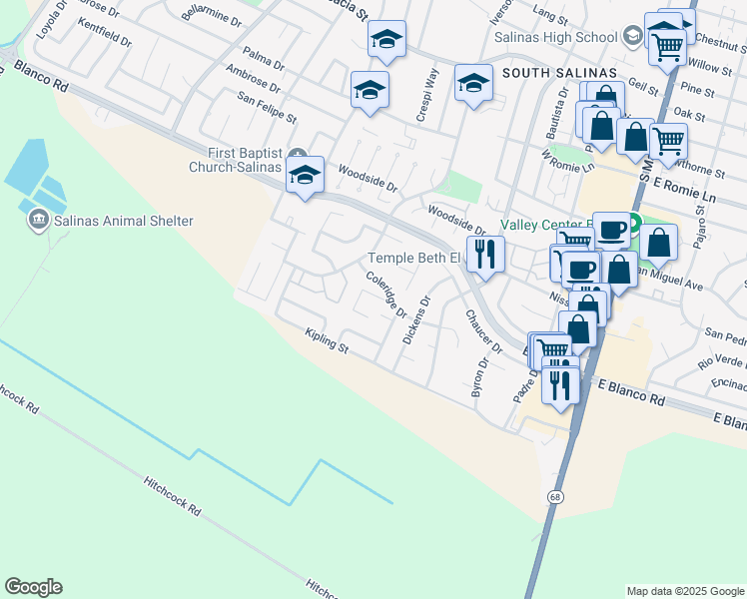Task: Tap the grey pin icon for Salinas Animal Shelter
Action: (x=39, y=220)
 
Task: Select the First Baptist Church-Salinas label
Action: (x=245, y=160)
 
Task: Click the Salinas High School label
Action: (x=556, y=37)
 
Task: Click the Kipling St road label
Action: (x=327, y=341)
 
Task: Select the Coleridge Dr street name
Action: (x=386, y=295)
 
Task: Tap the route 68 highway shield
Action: (x=555, y=496)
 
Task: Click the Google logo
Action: (x=33, y=587)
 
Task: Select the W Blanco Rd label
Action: (x=34, y=77)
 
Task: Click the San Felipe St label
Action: (x=267, y=108)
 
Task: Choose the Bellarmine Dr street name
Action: (x=213, y=17)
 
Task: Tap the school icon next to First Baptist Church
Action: (x=305, y=176)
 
